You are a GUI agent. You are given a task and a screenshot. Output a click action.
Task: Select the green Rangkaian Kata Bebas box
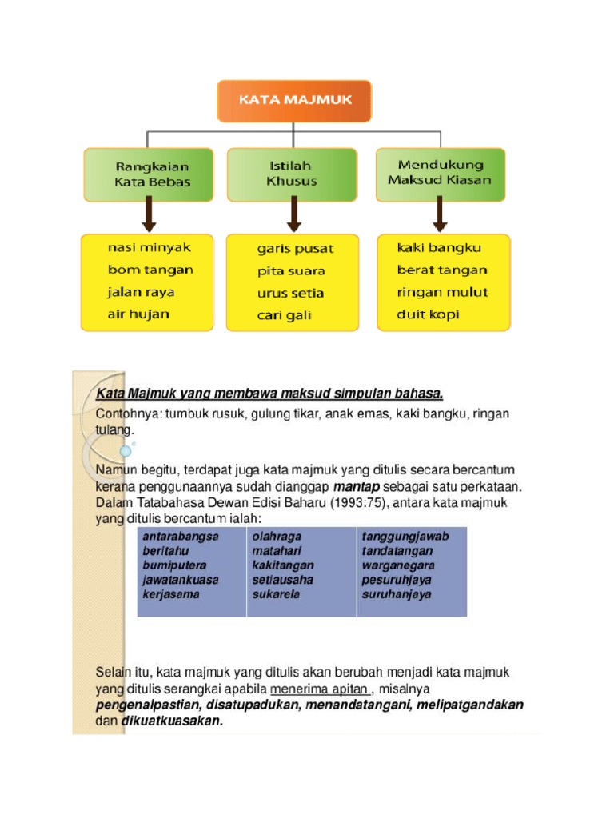tap(150, 174)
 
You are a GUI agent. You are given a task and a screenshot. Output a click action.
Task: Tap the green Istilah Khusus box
tap(292, 174)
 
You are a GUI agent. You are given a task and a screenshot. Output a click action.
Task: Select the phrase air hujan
tap(139, 314)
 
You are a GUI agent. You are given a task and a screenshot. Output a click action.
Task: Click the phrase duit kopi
tap(429, 314)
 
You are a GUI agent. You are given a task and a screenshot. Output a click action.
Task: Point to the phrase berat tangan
tap(442, 270)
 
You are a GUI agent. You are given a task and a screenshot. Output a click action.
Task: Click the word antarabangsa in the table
tap(180, 537)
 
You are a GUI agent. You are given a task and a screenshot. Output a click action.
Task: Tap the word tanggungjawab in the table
tap(405, 537)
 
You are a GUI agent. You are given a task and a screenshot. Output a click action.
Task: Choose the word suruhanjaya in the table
tap(397, 594)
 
